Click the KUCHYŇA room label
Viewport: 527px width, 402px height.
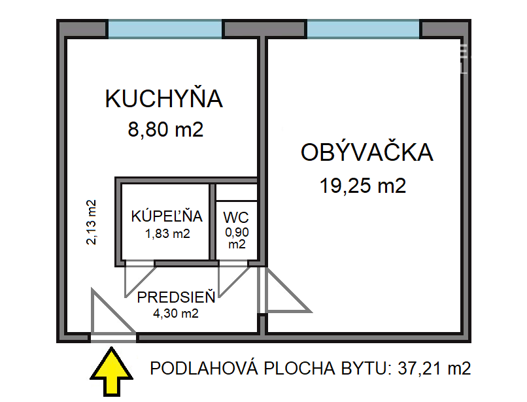pyautogui.click(x=163, y=98)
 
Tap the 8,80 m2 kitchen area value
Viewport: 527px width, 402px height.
pyautogui.click(x=165, y=129)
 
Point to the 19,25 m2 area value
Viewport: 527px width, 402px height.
pyautogui.click(x=363, y=186)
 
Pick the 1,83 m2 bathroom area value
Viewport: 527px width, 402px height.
pyautogui.click(x=167, y=233)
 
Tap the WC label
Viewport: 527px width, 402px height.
pyautogui.click(x=236, y=218)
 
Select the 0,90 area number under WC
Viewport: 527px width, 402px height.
pyautogui.click(x=237, y=232)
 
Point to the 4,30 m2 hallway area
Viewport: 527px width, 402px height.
pyautogui.click(x=175, y=313)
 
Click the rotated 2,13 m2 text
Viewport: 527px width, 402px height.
pyautogui.click(x=91, y=222)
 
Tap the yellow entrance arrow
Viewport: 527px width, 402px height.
pyautogui.click(x=111, y=372)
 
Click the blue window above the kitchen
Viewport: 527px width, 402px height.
pyautogui.click(x=165, y=29)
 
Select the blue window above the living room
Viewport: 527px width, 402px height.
pyautogui.click(x=363, y=29)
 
